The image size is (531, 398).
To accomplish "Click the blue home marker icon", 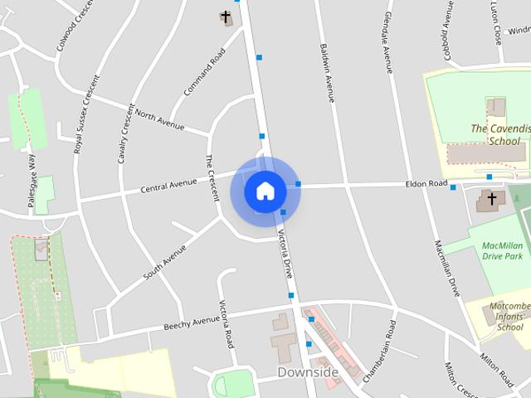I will click(265, 191).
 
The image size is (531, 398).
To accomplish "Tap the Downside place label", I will click(308, 372).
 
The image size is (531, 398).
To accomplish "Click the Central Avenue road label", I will click(168, 185).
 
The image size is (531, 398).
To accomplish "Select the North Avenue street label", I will click(159, 119).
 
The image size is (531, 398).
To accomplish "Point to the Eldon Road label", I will click(426, 183).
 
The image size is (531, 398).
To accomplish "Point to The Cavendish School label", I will click(499, 134).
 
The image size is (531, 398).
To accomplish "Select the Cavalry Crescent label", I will click(126, 133).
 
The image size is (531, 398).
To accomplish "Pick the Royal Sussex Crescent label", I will click(86, 114).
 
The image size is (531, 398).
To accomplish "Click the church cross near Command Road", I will click(226, 17).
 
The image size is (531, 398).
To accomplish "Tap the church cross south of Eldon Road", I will click(491, 199).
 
